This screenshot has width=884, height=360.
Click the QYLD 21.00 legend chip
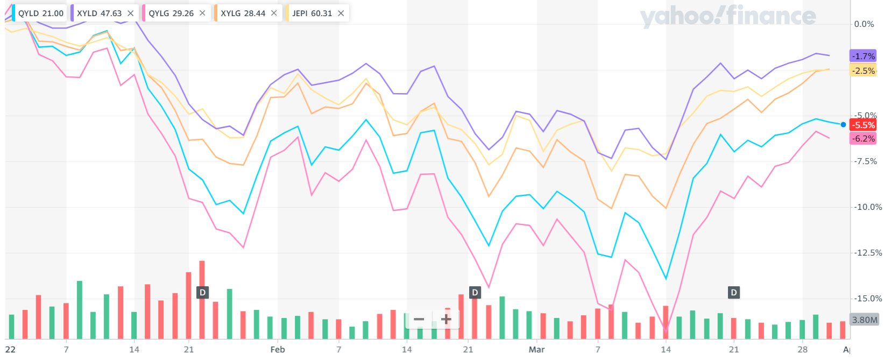click(x=40, y=13)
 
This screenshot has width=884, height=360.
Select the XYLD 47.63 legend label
click(x=99, y=13)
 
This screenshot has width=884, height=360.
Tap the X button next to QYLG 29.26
click(x=202, y=13)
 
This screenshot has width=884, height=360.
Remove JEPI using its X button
click(x=341, y=13)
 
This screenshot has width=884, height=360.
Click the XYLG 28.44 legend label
click(x=243, y=13)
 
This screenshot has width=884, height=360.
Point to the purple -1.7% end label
click(x=863, y=56)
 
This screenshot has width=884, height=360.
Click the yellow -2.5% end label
click(x=863, y=70)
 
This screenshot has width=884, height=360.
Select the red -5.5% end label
click(x=863, y=125)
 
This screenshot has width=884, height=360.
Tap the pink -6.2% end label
click(x=863, y=138)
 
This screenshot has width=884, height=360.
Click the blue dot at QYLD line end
click(x=843, y=125)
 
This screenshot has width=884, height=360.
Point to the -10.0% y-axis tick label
click(x=868, y=207)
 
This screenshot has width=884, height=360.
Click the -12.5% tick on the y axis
click(x=868, y=253)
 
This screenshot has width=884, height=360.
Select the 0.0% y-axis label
click(x=864, y=24)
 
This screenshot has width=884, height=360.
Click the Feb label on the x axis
click(x=278, y=350)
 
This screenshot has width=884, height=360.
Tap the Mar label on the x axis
click(x=536, y=350)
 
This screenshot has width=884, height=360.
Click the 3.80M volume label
click(x=864, y=320)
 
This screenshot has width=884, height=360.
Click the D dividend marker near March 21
click(x=734, y=292)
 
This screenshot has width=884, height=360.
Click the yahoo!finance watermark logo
click(x=727, y=17)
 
